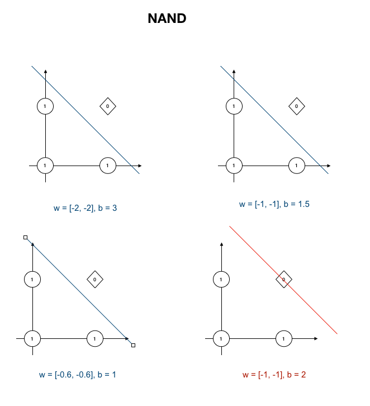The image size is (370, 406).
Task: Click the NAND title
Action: (167, 18)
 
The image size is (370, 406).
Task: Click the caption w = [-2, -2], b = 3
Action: (85, 208)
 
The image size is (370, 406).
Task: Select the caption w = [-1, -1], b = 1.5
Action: (274, 204)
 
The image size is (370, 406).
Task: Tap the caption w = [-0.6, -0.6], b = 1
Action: (78, 375)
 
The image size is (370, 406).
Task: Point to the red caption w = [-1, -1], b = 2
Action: (274, 375)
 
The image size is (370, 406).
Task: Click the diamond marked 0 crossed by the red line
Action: (284, 279)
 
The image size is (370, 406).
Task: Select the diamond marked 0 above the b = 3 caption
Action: (107, 106)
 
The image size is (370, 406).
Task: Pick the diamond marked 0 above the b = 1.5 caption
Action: (296, 106)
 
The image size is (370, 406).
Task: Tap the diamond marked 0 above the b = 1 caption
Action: (95, 279)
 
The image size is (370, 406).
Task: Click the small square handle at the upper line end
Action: (25, 238)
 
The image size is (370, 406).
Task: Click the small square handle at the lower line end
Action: (133, 346)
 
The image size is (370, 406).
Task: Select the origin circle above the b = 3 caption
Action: (45, 166)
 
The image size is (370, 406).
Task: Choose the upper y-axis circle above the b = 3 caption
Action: (45, 106)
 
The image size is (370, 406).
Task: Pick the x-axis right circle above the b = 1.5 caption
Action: (296, 166)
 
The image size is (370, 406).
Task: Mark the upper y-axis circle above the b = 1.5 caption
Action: (234, 106)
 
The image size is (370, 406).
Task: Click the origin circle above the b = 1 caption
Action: (32, 339)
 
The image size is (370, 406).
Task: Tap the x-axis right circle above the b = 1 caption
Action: (95, 339)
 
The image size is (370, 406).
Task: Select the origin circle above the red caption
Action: (222, 339)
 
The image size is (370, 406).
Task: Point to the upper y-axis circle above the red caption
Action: (222, 279)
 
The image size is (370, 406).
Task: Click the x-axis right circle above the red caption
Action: (284, 339)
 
